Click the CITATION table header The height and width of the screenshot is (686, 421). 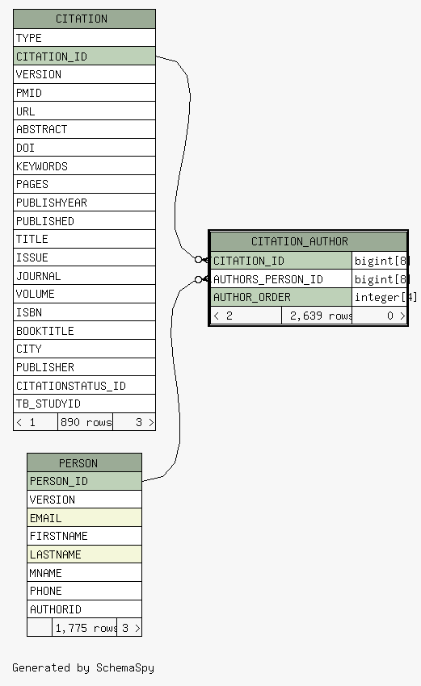[84, 19]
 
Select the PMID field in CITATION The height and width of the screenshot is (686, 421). [84, 93]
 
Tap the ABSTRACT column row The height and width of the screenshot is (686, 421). [84, 129]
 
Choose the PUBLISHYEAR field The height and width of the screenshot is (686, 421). [84, 203]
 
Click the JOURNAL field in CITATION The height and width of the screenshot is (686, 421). [84, 276]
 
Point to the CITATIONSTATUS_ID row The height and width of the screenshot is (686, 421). [84, 386]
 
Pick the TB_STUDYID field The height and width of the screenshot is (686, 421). [84, 404]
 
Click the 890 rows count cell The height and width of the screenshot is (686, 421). [86, 422]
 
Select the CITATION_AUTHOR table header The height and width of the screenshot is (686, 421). [309, 241]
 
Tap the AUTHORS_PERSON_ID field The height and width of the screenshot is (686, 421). [281, 279]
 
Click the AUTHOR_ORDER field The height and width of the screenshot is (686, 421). [281, 297]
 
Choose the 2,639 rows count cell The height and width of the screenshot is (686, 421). [317, 316]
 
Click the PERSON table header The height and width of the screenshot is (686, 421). [84, 463]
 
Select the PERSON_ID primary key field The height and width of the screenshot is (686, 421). [84, 481]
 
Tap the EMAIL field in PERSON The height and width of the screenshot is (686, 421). [84, 518]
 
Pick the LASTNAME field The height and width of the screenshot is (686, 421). [84, 554]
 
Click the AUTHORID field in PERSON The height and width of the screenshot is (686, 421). [84, 609]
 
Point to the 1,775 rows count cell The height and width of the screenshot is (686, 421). [84, 628]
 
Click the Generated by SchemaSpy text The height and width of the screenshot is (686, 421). [83, 667]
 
